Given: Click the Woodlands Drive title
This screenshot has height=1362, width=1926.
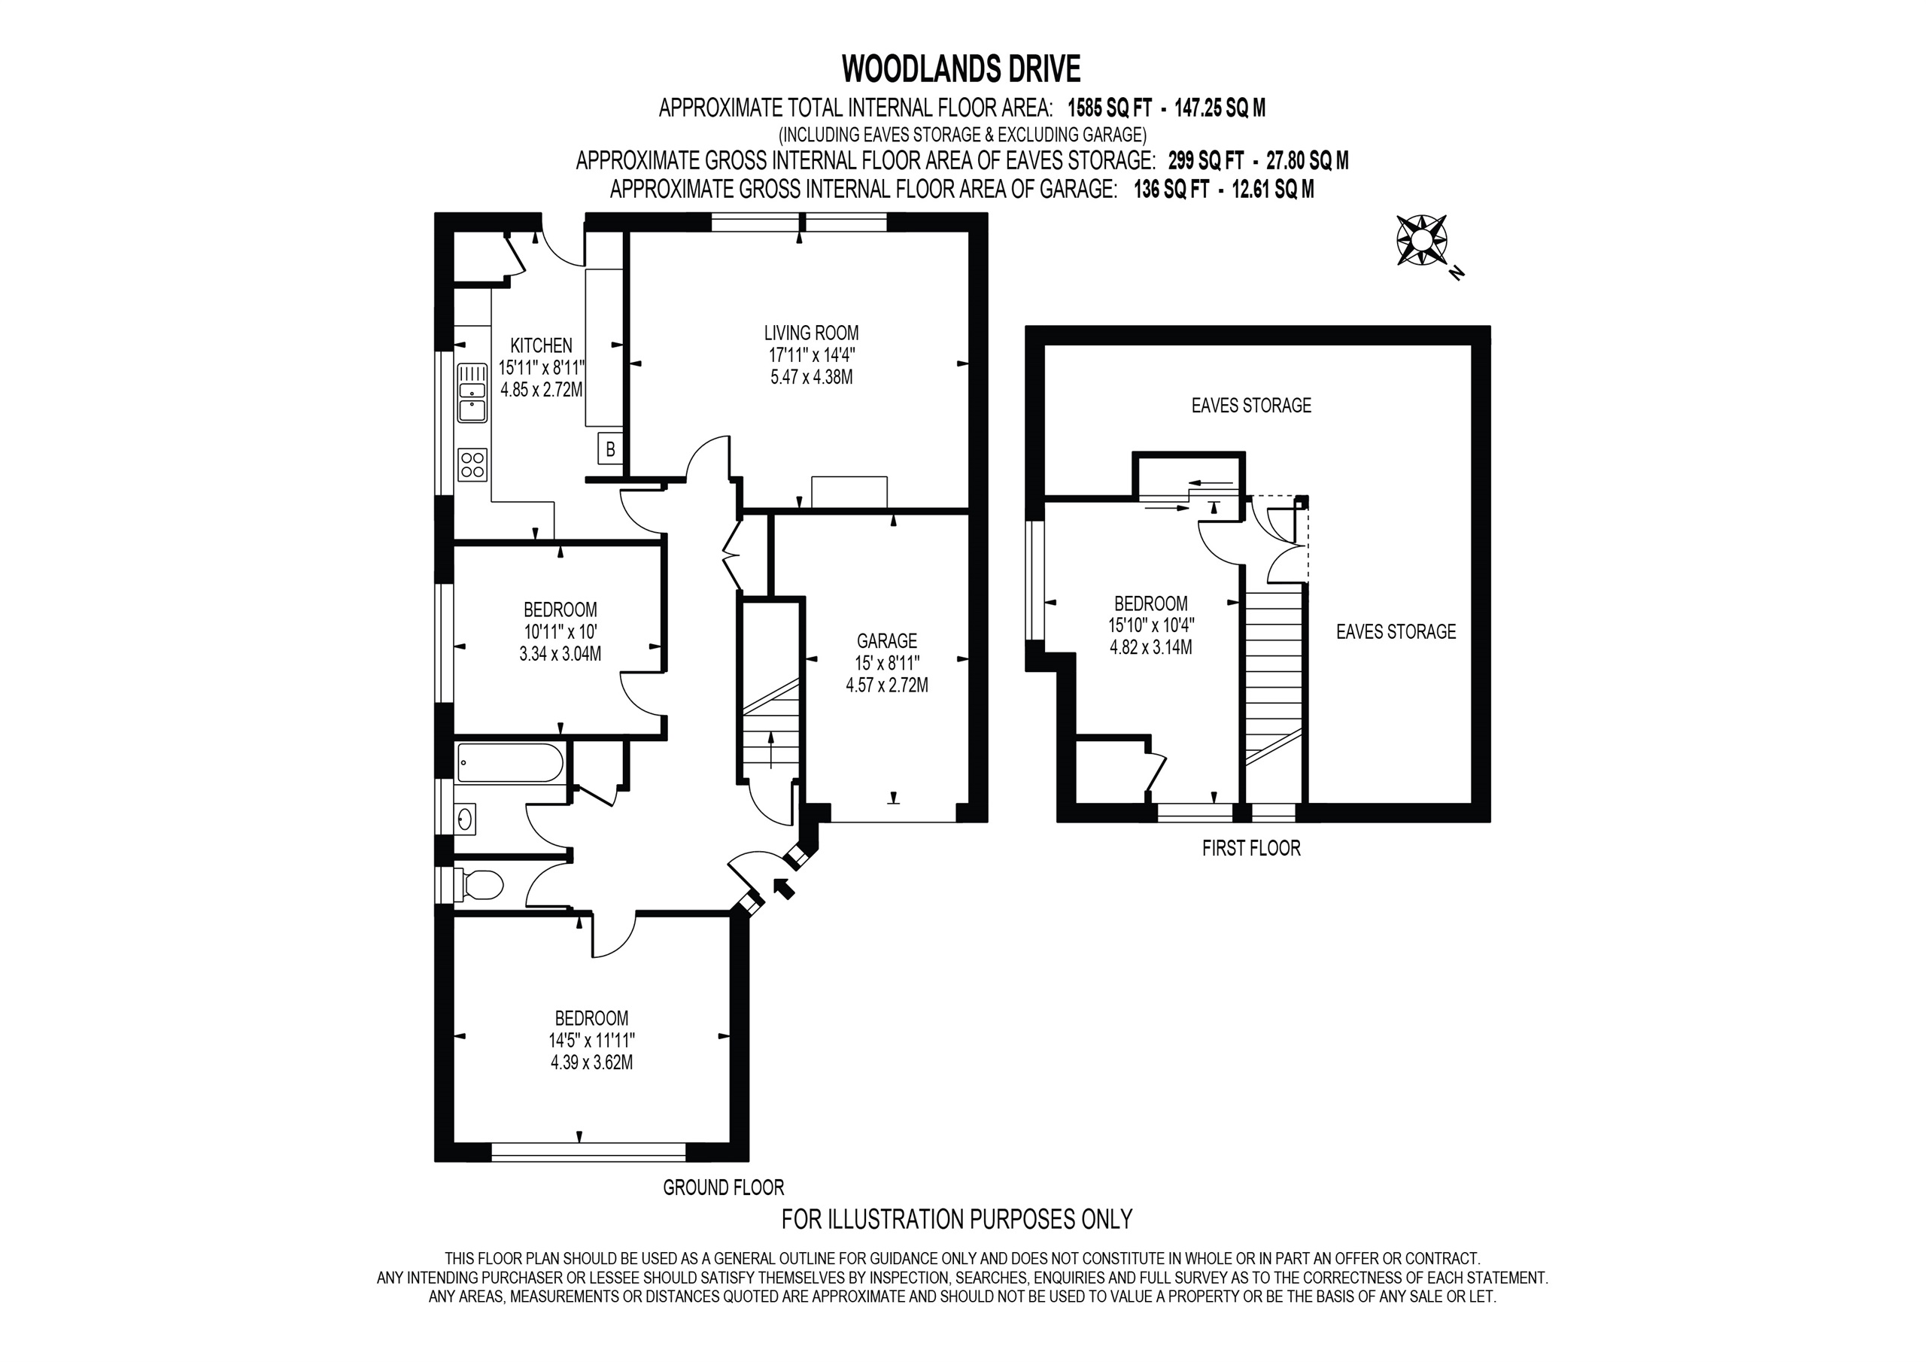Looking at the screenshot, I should pos(961,68).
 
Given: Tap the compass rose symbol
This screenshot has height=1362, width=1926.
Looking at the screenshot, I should pos(1421,241).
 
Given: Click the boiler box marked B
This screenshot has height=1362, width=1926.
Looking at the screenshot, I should pos(610,449).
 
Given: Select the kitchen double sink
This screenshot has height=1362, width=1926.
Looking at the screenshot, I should pos(472,392).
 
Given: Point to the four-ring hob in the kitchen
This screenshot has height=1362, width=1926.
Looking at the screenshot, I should pos(472,464).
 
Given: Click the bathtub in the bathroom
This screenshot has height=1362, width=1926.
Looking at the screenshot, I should pos(509,763).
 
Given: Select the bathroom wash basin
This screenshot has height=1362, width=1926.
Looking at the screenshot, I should pos(466,816).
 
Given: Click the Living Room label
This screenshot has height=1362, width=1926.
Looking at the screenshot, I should pos(811,333).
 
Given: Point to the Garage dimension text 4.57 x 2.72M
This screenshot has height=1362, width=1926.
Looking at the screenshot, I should pos(887,686).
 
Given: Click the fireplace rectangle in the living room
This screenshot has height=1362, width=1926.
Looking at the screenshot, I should pos(849,492).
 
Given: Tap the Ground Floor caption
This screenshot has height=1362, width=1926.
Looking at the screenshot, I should pos(723,1187).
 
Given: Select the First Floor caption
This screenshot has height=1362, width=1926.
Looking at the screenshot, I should pos(1250,848).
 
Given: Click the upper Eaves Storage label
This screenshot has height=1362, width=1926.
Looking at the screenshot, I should pos(1250,406).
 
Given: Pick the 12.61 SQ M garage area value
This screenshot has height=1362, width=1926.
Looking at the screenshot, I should pos(1272,190).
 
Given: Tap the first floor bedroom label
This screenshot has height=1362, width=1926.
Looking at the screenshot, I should pos(1150,603).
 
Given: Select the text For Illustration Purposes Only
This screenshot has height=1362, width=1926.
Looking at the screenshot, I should pos(957,1218).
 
